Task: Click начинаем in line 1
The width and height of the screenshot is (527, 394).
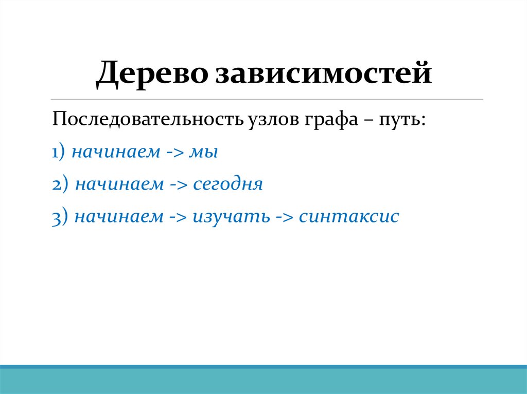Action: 116,153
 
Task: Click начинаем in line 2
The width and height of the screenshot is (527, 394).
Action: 119,185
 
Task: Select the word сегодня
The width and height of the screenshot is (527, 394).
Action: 228,185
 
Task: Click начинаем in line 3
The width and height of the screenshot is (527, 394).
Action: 118,217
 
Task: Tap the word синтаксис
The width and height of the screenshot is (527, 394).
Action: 349,217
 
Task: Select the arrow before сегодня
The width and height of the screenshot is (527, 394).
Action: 178,185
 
